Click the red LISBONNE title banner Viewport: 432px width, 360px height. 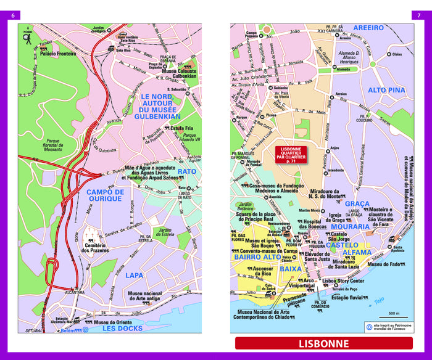pos(323,344)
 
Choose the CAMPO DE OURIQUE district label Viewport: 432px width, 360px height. pos(105,195)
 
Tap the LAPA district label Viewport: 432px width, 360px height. pos(135,276)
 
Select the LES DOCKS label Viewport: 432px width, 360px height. pos(122,328)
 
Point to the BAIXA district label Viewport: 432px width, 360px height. pos(291,269)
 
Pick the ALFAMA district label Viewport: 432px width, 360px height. pos(357,253)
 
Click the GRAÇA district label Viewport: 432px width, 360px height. pos(357,204)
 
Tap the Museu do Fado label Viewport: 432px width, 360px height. pos(384,264)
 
